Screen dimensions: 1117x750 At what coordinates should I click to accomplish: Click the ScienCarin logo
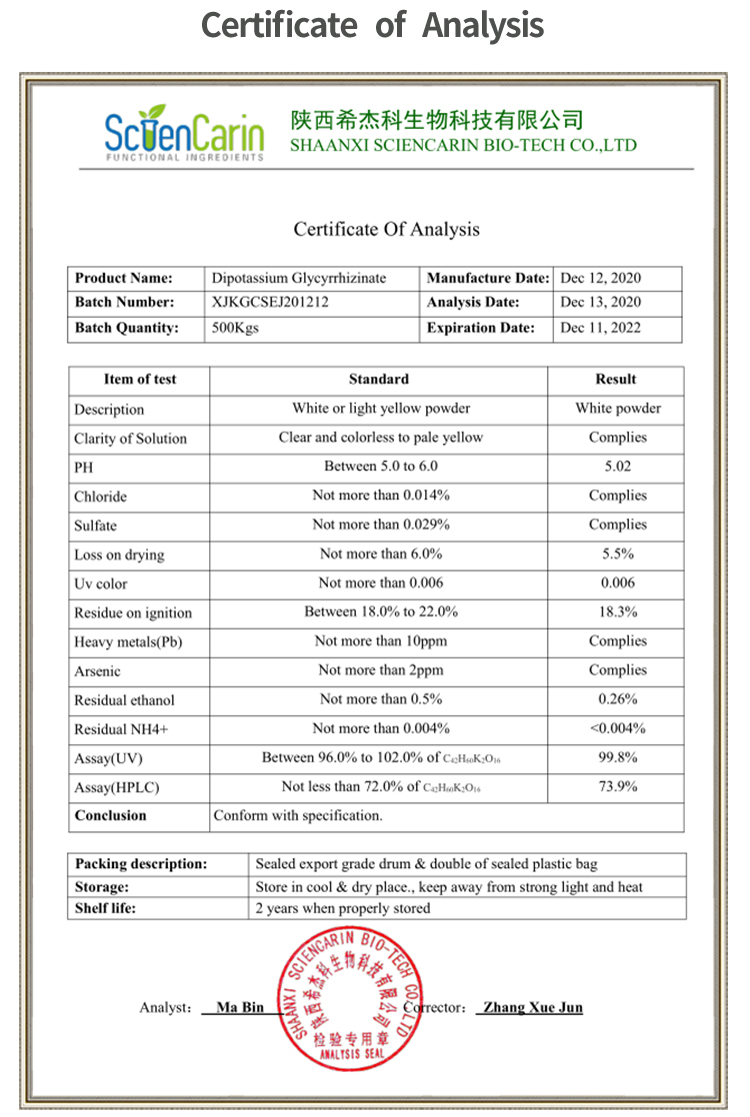184,133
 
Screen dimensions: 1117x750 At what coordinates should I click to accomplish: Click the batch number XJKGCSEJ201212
270,302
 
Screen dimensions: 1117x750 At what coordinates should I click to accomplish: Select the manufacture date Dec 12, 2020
600,278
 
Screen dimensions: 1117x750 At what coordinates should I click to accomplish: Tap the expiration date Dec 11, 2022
600,328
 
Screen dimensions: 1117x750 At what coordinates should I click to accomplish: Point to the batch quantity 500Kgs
235,328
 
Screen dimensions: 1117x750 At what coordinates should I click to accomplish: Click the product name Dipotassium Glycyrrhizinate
299,278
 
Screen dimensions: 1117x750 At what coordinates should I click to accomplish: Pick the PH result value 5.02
617,467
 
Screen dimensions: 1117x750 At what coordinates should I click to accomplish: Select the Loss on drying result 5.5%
617,554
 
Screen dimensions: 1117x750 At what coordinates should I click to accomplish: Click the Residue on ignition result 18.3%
617,611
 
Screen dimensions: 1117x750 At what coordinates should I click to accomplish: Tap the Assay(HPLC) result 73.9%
617,786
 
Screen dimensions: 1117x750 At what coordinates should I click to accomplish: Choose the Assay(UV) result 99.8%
617,757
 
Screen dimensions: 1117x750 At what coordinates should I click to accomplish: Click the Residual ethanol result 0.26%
617,699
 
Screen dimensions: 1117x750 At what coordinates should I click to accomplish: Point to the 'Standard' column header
378,380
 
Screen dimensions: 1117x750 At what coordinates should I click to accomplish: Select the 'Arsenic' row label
97,670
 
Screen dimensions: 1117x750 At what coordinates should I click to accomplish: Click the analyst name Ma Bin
240,1007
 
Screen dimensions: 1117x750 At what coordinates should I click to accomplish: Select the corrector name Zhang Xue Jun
532,1007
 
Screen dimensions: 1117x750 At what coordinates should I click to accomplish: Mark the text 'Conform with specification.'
298,815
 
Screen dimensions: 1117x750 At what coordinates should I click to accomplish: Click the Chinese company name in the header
436,121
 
